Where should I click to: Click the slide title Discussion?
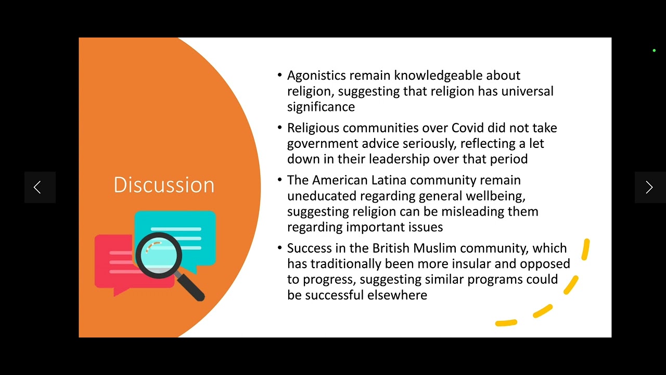pyautogui.click(x=164, y=185)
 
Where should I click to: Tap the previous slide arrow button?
pyautogui.click(x=37, y=187)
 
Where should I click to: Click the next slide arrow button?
pyautogui.click(x=649, y=187)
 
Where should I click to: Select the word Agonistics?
pyautogui.click(x=316, y=76)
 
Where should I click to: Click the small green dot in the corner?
pyautogui.click(x=654, y=51)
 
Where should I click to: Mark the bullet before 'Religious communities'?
pyautogui.click(x=280, y=128)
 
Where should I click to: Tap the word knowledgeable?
pyautogui.click(x=438, y=76)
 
